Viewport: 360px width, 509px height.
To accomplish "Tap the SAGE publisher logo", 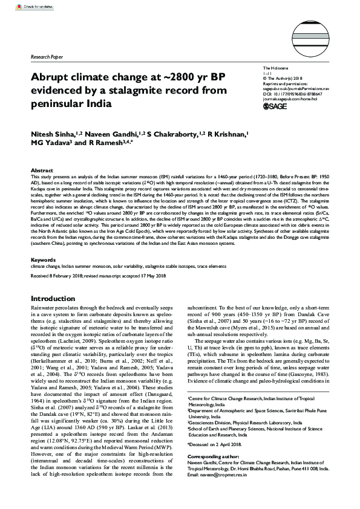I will pos(275,106).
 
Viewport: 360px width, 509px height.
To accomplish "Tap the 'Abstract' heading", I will pos(42,171).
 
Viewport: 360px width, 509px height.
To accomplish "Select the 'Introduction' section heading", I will pos(53,299).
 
